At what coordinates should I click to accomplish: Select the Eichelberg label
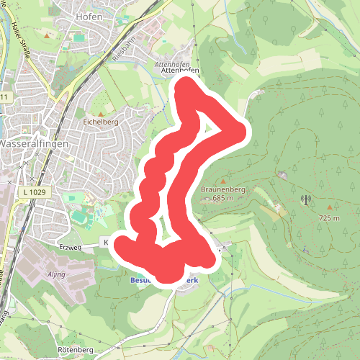(x=100, y=122)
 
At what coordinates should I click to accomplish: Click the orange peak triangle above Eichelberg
(x=101, y=113)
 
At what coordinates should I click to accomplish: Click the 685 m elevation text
(x=224, y=198)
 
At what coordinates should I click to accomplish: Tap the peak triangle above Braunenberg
(x=222, y=181)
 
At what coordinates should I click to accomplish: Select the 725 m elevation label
(x=328, y=217)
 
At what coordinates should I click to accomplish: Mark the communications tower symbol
(x=305, y=201)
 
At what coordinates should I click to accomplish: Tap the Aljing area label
(x=55, y=275)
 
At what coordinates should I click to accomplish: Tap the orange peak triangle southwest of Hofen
(x=48, y=34)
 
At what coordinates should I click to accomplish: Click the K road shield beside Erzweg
(x=104, y=243)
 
